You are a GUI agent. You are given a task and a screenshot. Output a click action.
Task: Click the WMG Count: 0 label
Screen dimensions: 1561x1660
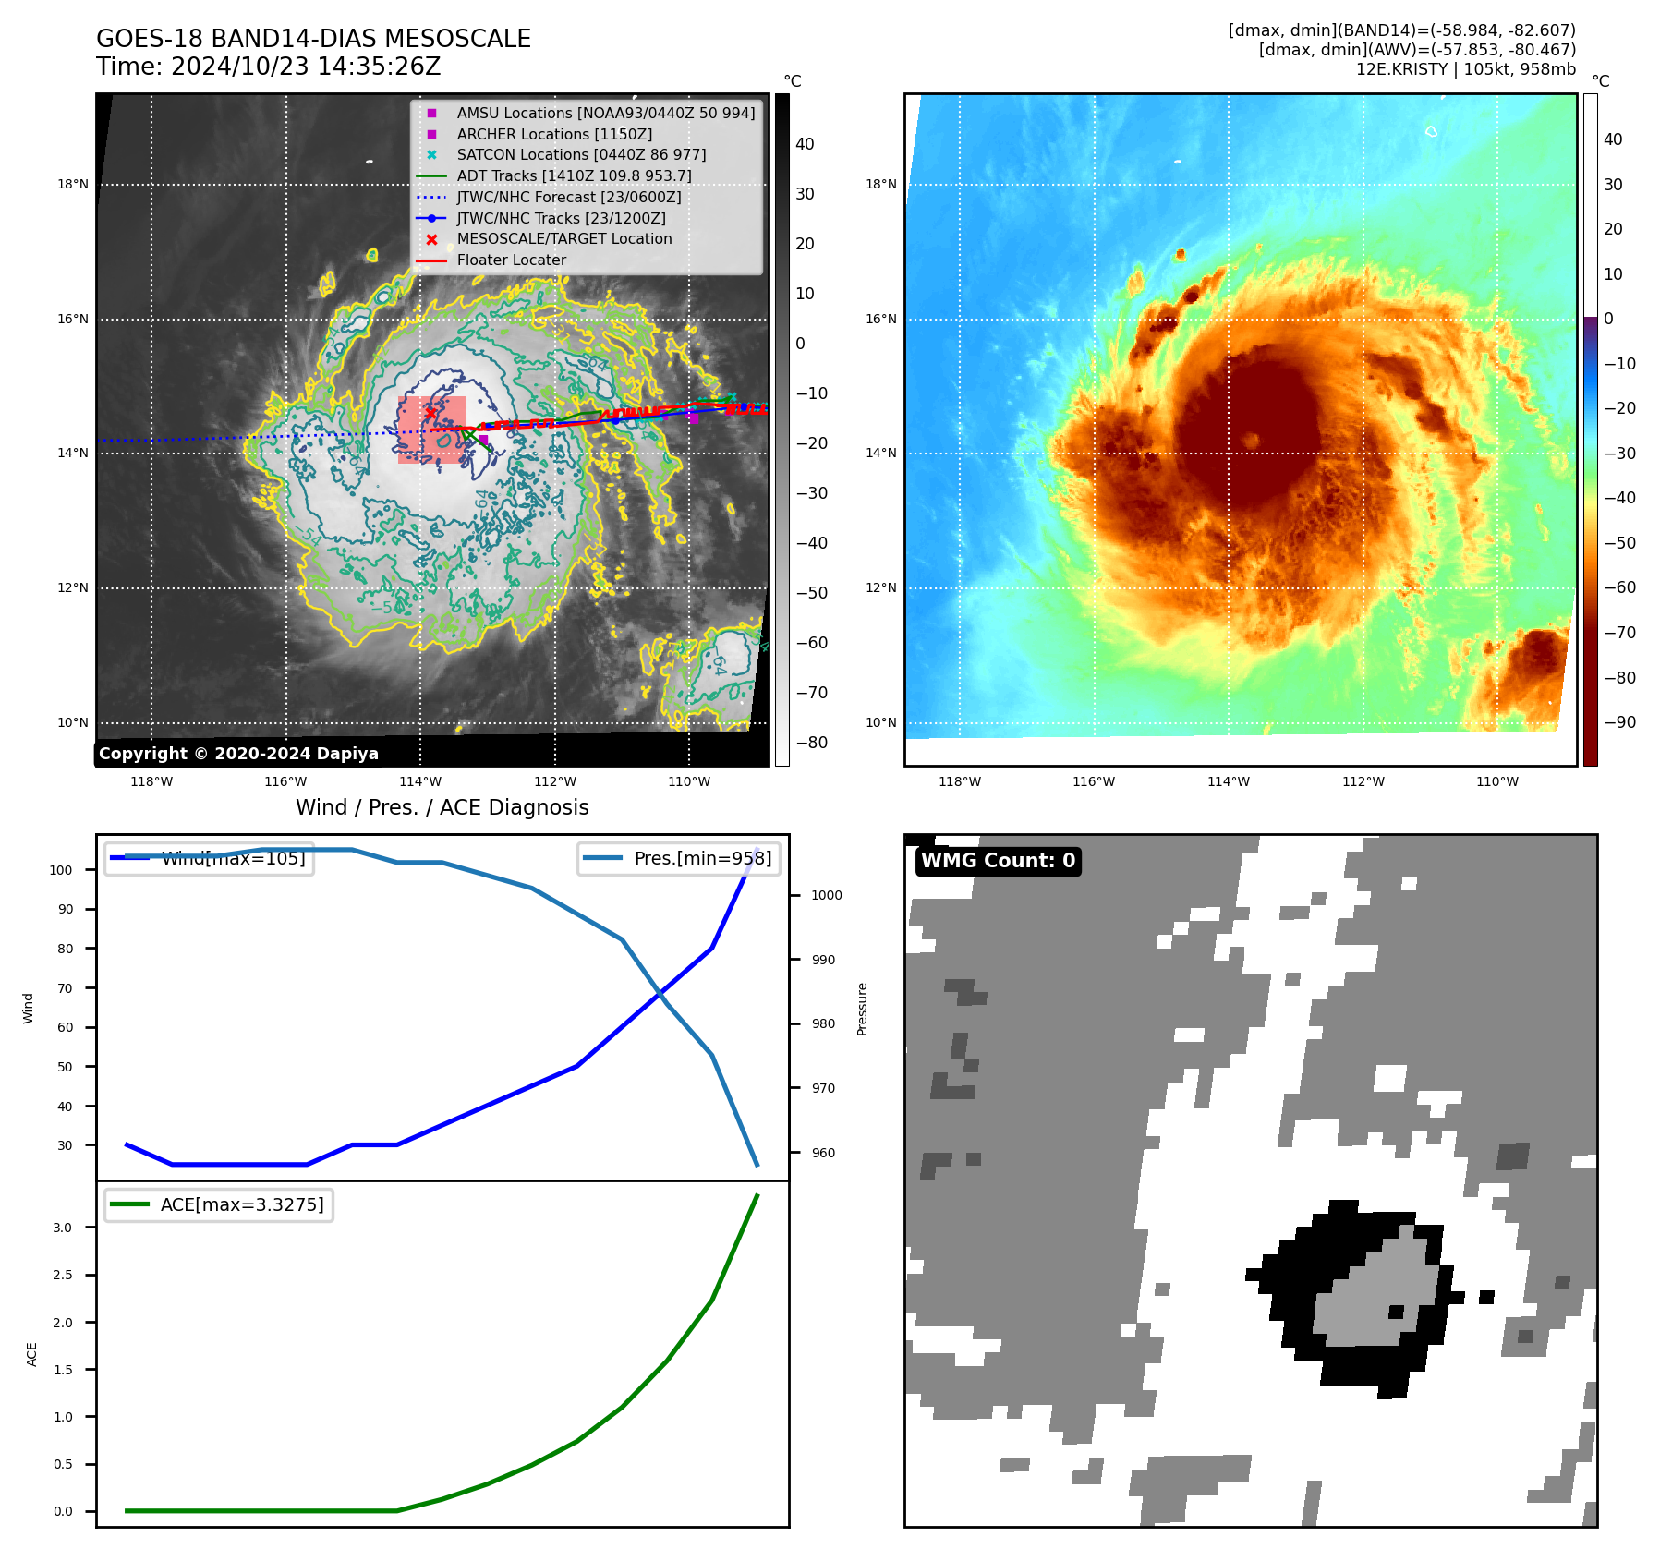998,861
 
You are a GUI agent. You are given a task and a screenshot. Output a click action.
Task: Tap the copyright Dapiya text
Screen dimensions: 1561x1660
238,754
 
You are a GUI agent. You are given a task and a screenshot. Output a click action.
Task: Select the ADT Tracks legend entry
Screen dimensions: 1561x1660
573,175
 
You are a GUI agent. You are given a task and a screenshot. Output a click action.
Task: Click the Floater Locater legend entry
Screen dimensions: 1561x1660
511,260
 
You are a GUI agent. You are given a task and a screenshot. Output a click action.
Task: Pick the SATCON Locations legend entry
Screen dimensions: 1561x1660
580,154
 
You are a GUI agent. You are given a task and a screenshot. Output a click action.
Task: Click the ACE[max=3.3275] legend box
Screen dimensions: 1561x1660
219,1204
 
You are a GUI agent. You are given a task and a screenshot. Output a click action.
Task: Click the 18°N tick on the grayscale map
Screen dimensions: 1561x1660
73,184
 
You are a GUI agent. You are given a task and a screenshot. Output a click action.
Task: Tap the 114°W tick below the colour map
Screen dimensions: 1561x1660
1228,781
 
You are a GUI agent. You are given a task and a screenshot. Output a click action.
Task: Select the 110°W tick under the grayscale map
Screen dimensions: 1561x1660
689,781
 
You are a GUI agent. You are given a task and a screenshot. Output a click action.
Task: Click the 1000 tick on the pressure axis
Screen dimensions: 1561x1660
826,895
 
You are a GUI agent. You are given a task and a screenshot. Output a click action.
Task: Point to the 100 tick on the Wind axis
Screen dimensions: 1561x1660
61,870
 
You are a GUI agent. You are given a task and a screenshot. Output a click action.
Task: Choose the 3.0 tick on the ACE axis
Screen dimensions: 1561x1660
62,1228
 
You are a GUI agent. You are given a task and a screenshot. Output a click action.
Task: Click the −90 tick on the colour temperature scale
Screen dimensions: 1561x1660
1619,722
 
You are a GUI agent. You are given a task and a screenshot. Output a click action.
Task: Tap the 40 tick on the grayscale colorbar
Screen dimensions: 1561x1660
805,144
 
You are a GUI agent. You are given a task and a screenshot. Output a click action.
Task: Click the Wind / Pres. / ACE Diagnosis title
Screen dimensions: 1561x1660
442,807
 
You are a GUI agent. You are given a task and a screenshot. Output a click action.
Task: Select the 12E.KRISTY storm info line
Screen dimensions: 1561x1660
1465,69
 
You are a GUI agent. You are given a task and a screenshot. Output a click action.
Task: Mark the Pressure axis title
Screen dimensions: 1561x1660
862,1009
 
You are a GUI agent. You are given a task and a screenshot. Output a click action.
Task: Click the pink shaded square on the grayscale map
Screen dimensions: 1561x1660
431,430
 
